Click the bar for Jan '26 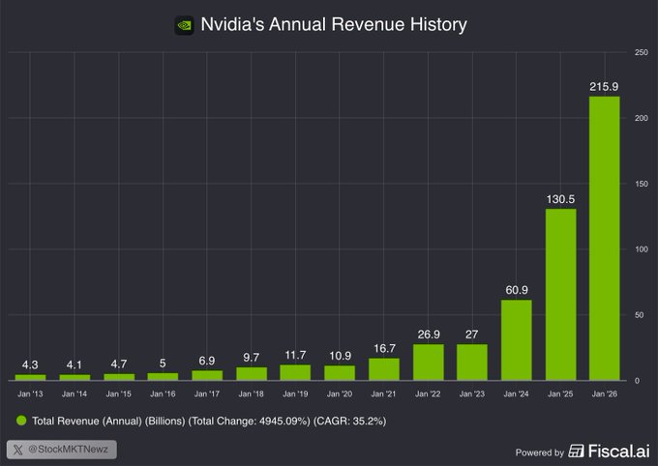605,238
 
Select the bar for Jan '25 560,294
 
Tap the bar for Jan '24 517,339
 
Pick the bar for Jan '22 428,362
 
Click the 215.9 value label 605,87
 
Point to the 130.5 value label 560,199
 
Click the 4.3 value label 30,364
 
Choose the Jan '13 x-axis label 30,393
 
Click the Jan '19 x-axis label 295,393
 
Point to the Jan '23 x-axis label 472,393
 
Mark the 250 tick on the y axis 641,51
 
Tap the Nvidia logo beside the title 184,26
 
